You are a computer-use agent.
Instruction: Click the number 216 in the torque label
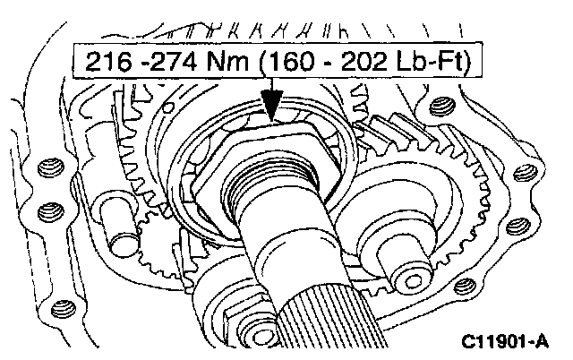(107, 61)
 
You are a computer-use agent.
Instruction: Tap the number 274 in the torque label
(173, 61)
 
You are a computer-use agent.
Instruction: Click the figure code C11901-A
(505, 342)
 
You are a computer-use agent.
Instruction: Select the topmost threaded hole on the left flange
(51, 168)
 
